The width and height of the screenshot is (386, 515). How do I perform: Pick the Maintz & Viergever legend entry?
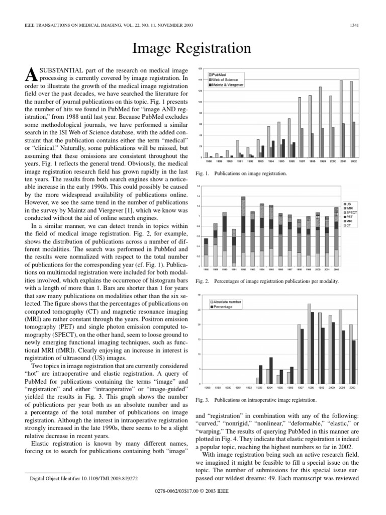(x=229, y=83)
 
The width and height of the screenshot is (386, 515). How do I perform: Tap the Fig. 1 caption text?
(x=240, y=174)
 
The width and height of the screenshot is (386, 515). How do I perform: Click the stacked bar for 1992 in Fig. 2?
(x=243, y=231)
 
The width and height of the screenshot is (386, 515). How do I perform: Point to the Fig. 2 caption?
(x=266, y=281)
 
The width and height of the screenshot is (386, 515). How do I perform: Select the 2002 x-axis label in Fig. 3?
(x=353, y=388)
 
